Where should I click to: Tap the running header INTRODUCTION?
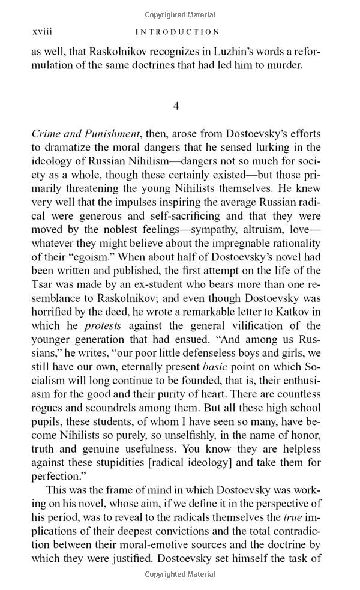pyautogui.click(x=178, y=32)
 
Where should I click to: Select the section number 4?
pyautogui.click(x=176, y=106)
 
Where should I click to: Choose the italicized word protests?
pyautogui.click(x=103, y=325)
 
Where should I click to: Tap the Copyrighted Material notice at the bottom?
pyautogui.click(x=180, y=574)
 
